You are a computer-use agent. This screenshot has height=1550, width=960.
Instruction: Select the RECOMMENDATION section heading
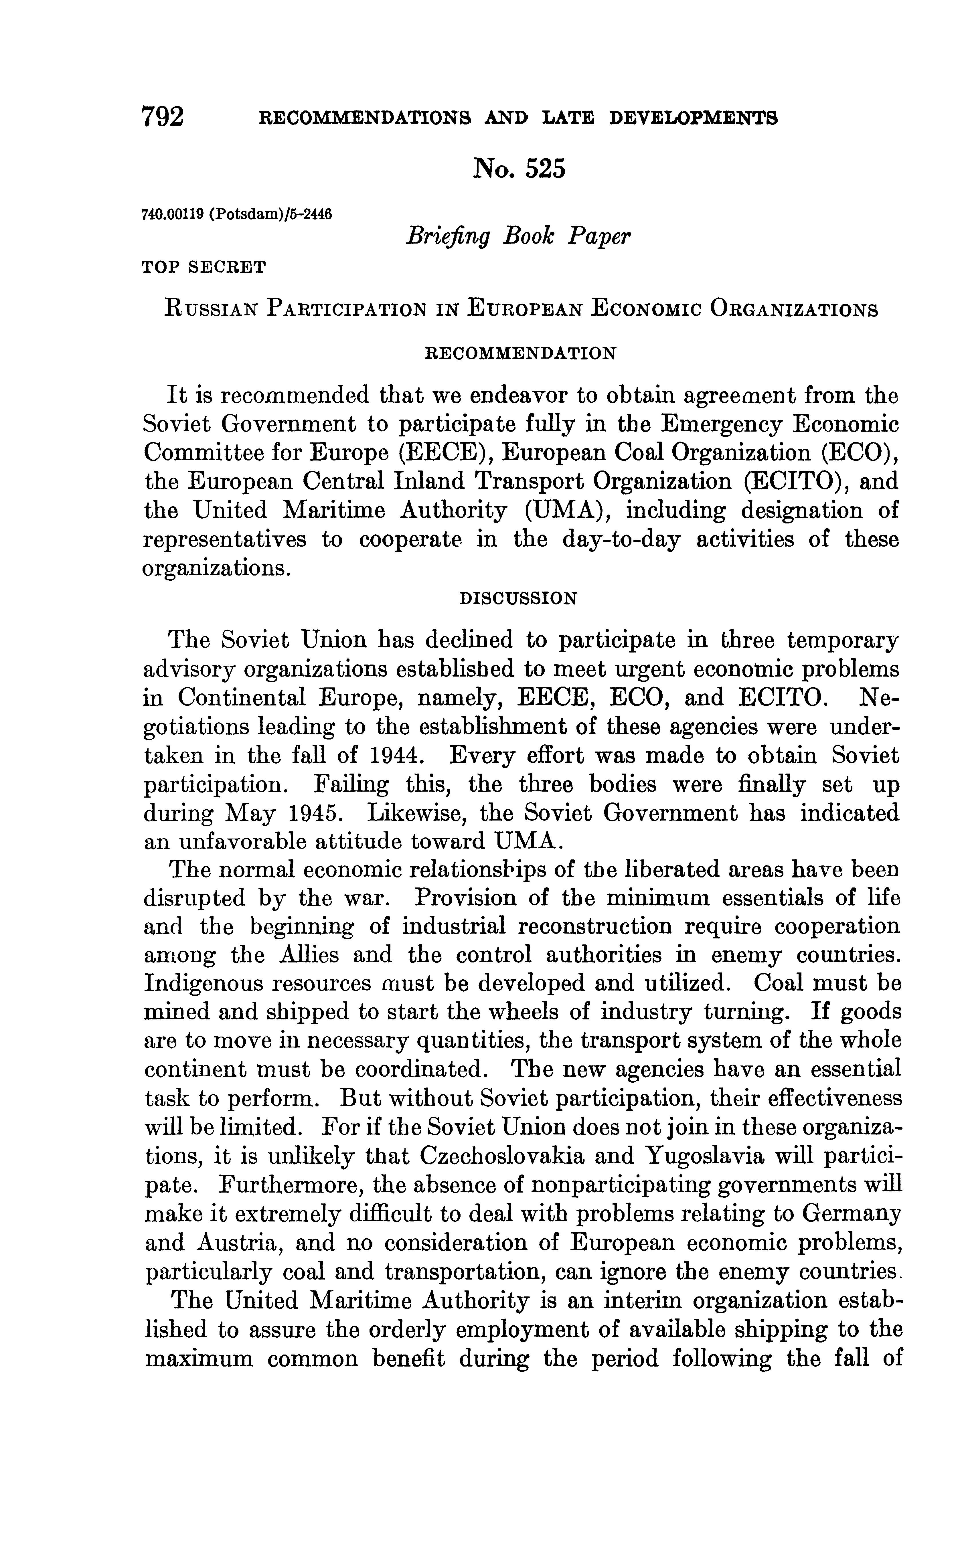click(519, 353)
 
